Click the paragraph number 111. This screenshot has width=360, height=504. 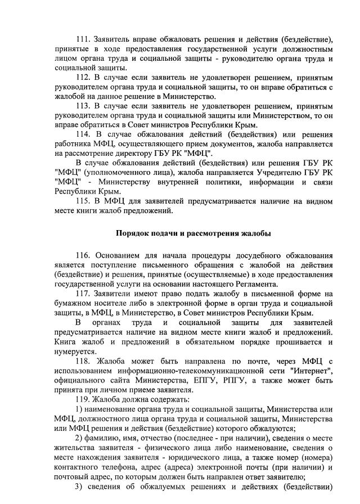click(x=83, y=39)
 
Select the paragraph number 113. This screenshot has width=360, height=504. click(x=83, y=106)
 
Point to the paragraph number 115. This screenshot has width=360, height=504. click(x=83, y=201)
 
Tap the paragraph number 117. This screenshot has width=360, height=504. click(x=83, y=294)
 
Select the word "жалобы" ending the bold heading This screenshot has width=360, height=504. click(x=255, y=233)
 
